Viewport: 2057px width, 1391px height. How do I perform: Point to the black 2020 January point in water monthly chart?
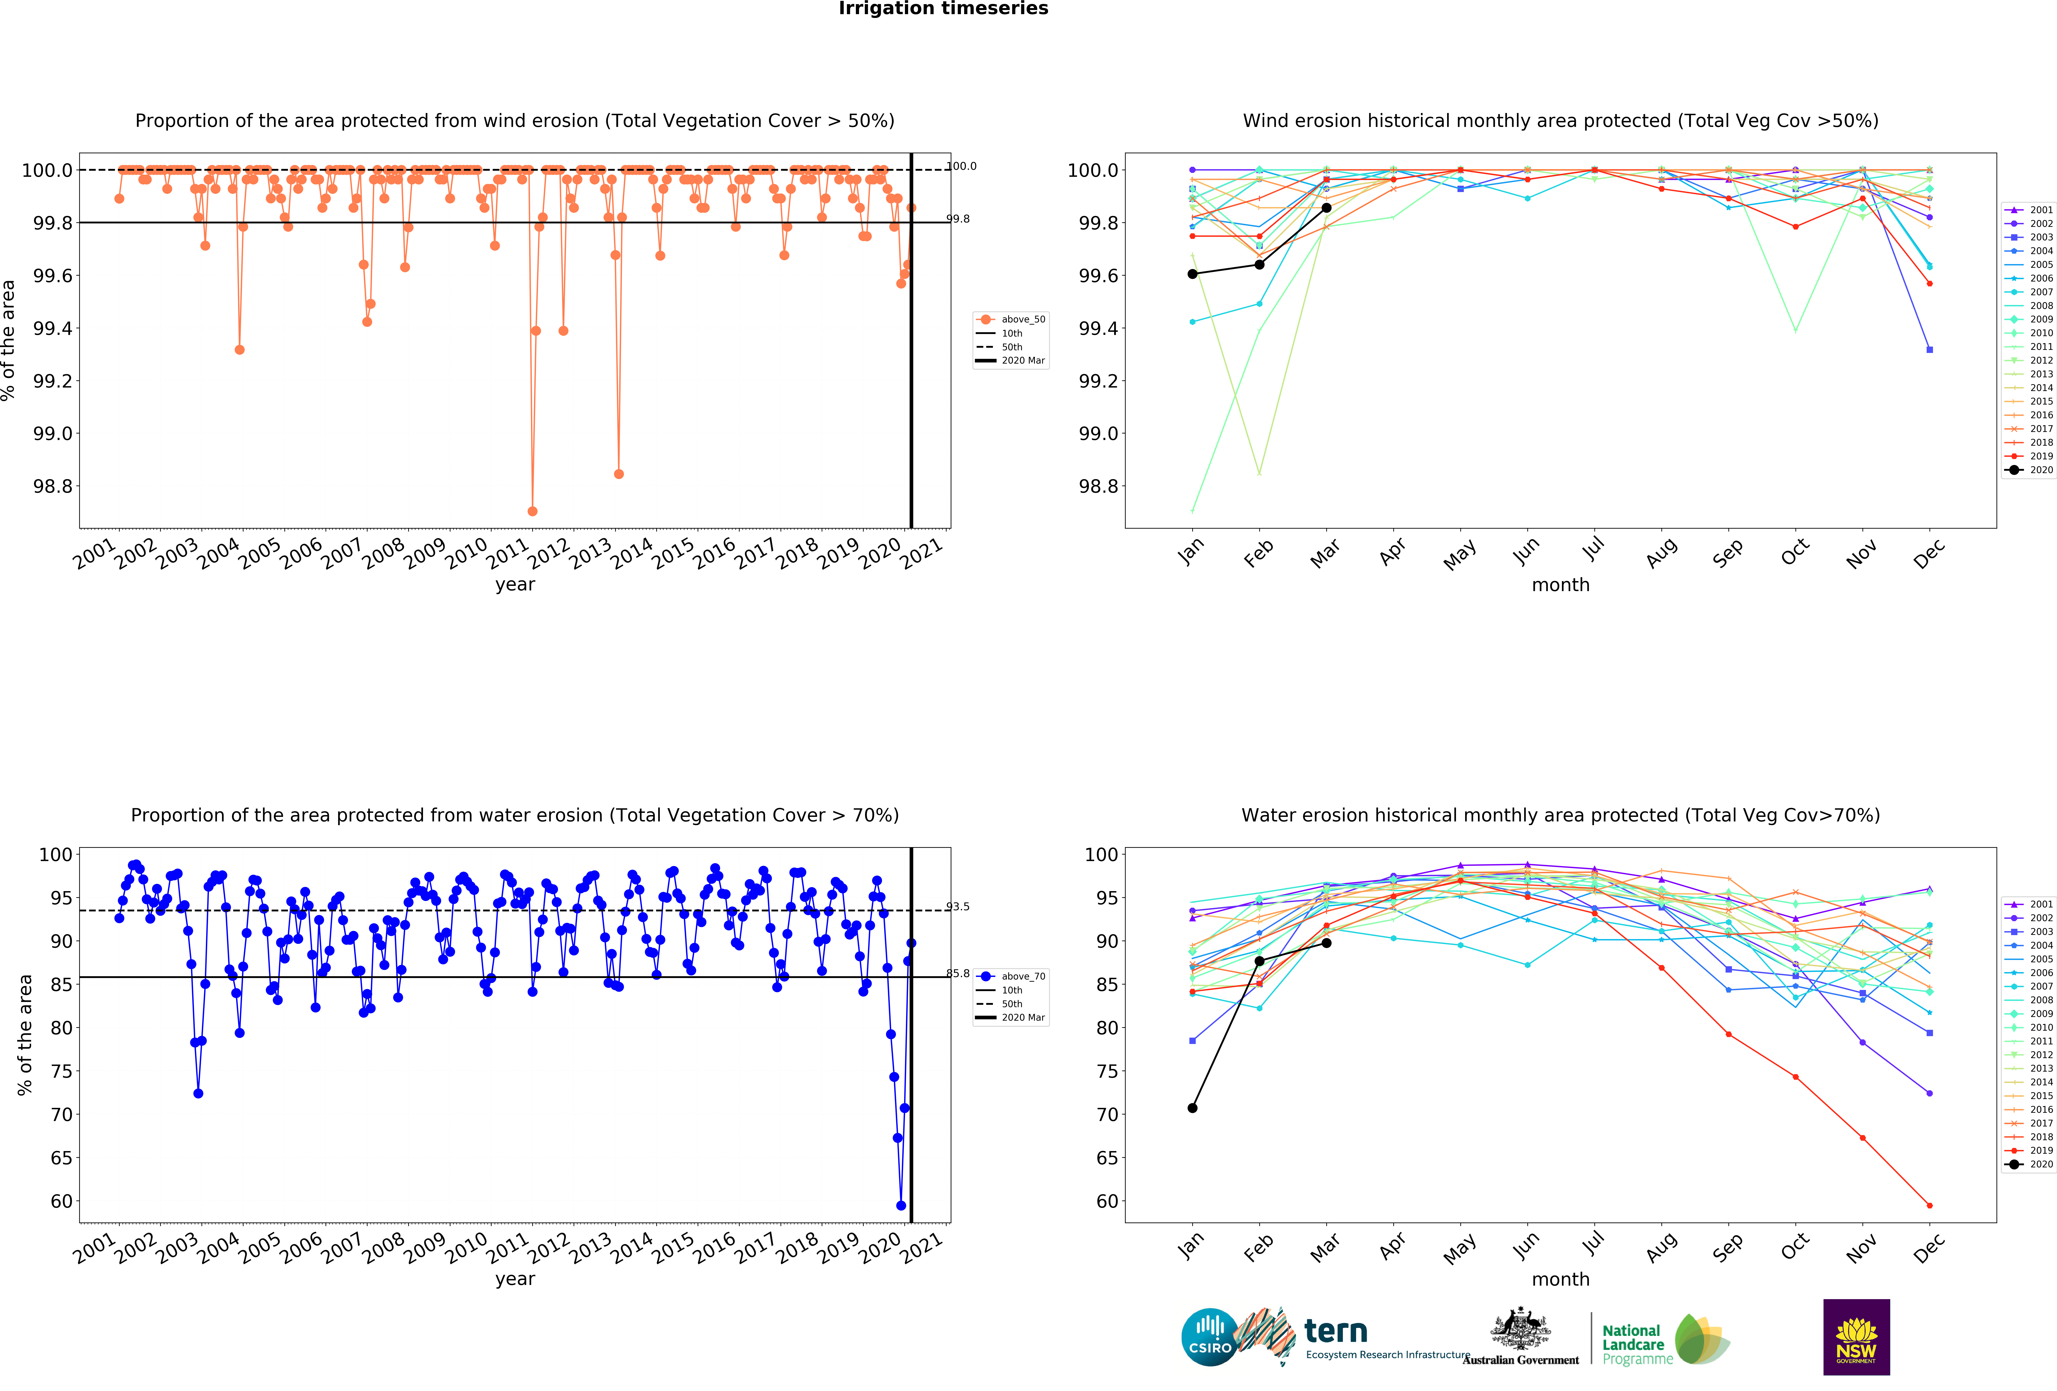pyautogui.click(x=1192, y=1108)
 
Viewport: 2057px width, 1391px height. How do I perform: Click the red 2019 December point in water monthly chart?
pyautogui.click(x=1929, y=1205)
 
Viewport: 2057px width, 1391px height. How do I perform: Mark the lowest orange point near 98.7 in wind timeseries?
pyautogui.click(x=532, y=511)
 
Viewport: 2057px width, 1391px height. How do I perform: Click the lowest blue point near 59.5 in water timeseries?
pyautogui.click(x=901, y=1205)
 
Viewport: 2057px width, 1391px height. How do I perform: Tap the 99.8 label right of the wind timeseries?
pyautogui.click(x=958, y=219)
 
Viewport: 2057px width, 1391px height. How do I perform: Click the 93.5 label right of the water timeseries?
pyautogui.click(x=958, y=907)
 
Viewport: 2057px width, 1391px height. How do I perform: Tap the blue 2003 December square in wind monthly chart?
pyautogui.click(x=1929, y=350)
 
